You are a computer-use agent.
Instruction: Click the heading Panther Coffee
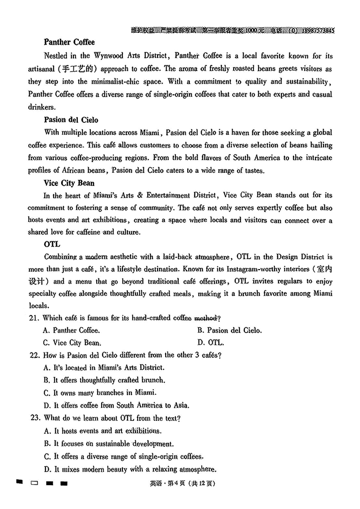pos(69,42)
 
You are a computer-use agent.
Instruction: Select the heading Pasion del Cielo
pos(71,120)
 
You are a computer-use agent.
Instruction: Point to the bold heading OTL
pos(52,245)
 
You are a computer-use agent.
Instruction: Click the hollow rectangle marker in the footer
pos(35,484)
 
